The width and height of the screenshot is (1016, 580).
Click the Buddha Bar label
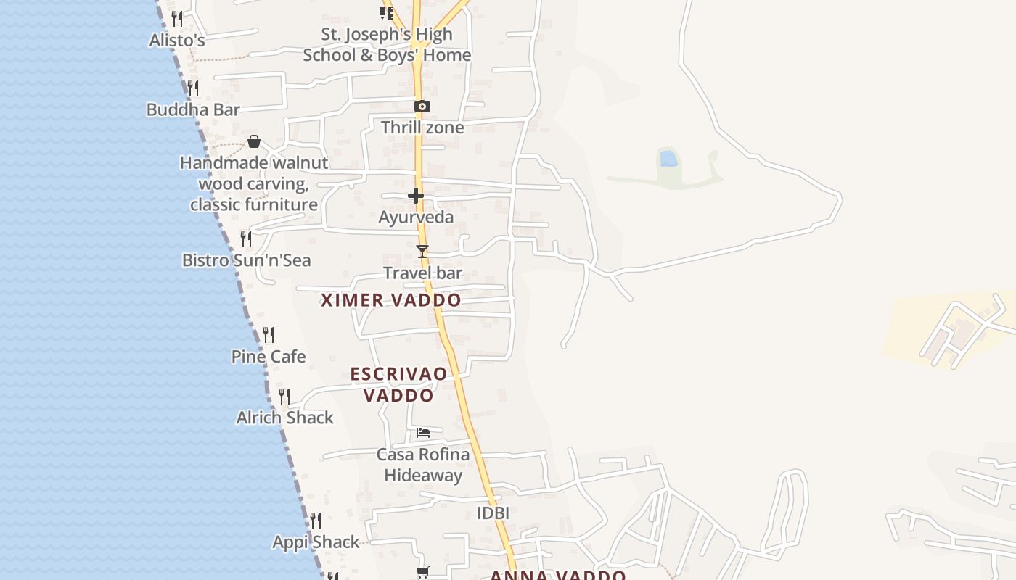[193, 109]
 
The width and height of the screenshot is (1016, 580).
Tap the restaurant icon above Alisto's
[176, 17]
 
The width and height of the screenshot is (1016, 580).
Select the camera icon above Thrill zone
[422, 106]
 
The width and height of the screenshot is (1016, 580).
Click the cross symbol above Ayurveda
[416, 196]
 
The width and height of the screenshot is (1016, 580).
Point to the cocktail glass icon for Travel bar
[422, 252]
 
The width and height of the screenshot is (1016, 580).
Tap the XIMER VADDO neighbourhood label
[391, 300]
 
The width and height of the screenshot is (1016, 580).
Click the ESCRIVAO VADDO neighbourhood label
[398, 384]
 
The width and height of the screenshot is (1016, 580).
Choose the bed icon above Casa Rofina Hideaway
[423, 433]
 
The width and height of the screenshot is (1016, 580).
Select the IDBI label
[493, 513]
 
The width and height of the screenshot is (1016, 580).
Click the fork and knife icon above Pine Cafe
[269, 334]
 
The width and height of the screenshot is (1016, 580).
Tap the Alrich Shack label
[285, 418]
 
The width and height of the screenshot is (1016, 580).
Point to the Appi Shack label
[316, 542]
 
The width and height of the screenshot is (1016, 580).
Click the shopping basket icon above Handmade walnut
[254, 141]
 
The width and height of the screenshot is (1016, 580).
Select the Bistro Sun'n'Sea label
[246, 260]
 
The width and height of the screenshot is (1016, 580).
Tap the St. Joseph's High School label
[387, 44]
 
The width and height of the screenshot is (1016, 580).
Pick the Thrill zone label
[422, 128]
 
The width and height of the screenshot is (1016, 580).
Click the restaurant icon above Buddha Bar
[193, 88]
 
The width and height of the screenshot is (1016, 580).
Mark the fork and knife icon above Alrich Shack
[284, 396]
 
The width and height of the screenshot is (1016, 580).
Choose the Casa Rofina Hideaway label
[423, 465]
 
